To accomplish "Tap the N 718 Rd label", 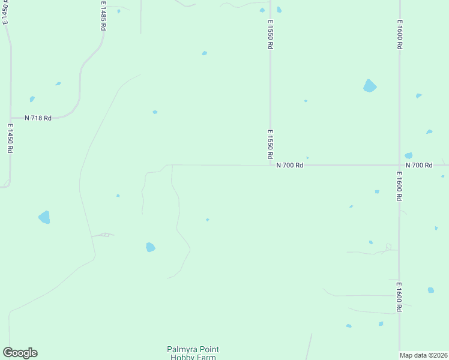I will (38, 118).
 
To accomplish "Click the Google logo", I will (20, 353).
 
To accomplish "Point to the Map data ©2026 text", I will (424, 355).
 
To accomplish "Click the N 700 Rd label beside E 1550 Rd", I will (289, 165).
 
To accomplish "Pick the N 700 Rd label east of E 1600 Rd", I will (419, 165).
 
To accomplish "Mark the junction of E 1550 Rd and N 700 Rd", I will (270, 164).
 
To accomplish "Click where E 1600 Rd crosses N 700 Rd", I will (400, 165).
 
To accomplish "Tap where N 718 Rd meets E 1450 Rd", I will (10, 118).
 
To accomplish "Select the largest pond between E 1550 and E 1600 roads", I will (370, 86).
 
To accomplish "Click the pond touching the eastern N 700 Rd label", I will (409, 155).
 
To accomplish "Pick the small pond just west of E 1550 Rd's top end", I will (262, 10).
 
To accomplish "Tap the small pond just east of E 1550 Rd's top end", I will (279, 10).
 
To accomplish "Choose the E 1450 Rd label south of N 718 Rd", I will (10, 139).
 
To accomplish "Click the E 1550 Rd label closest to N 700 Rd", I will (271, 145).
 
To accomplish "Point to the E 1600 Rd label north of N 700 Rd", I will (400, 34).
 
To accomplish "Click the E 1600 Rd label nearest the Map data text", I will (399, 296).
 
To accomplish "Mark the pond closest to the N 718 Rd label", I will (32, 99).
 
